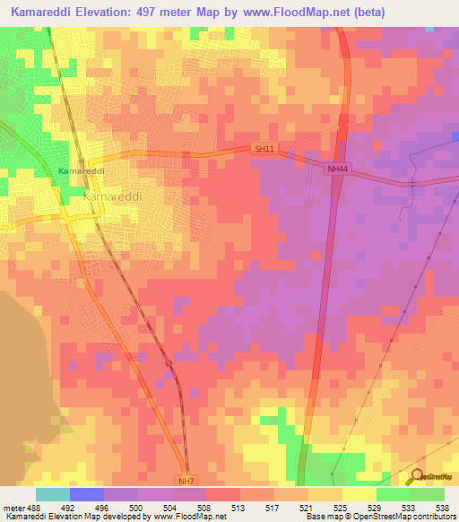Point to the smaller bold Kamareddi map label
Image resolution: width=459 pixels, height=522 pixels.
(82, 170)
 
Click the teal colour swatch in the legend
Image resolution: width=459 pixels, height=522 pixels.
(53, 493)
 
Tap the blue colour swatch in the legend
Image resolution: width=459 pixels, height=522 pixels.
(87, 493)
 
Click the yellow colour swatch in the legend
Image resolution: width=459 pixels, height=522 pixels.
(359, 493)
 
